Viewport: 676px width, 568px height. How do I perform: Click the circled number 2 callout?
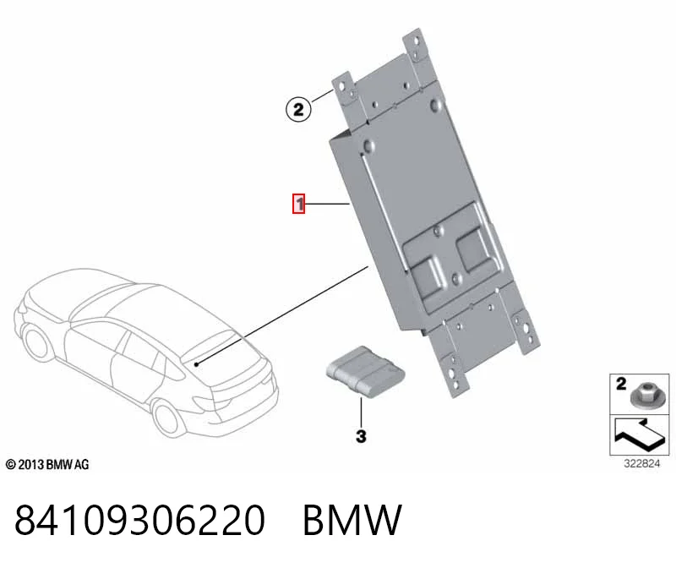click(298, 109)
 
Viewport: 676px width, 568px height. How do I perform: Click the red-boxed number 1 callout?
click(299, 204)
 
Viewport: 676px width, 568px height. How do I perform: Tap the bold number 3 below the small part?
click(362, 436)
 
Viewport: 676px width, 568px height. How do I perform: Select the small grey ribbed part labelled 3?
click(365, 371)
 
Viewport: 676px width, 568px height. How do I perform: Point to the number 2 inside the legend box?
click(621, 384)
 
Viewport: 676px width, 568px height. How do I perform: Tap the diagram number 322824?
click(641, 464)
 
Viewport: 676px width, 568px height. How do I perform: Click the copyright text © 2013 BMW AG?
click(47, 465)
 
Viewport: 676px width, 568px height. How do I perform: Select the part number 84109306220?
click(139, 520)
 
